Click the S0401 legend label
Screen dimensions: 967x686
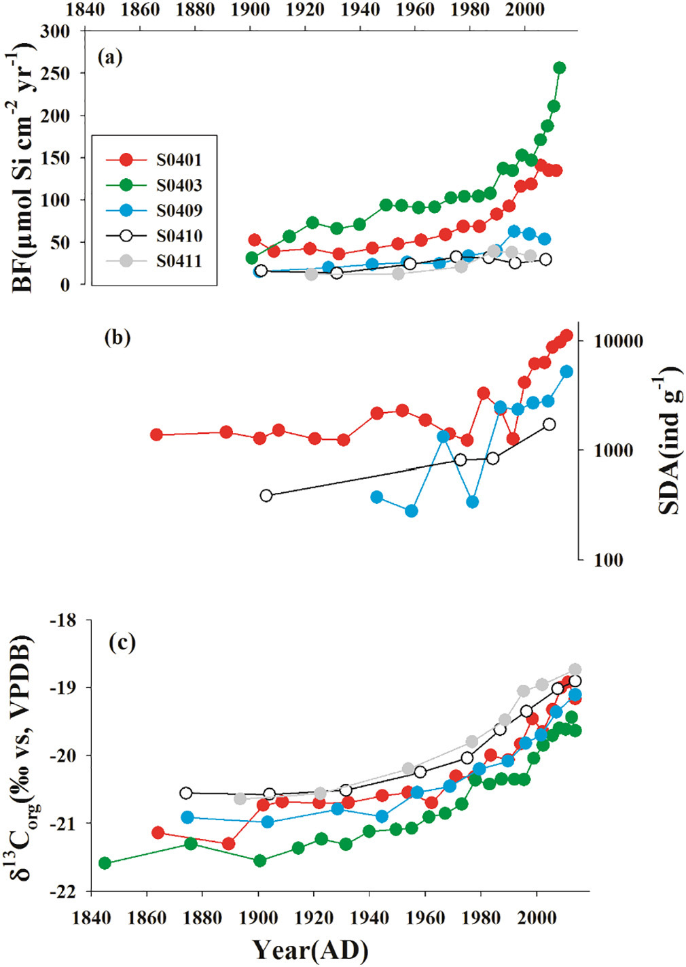click(x=179, y=160)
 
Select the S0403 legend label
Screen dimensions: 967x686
click(x=179, y=185)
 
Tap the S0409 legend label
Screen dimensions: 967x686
click(x=179, y=211)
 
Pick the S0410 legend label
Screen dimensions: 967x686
click(x=179, y=236)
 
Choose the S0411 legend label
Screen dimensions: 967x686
click(x=179, y=261)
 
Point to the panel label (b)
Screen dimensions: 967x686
click(x=118, y=338)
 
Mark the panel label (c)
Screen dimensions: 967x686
click(x=122, y=643)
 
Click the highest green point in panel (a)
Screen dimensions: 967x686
click(x=560, y=68)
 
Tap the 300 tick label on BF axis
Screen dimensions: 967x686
click(x=55, y=31)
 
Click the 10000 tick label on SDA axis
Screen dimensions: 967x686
click(x=617, y=341)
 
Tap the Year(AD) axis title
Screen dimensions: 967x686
click(x=310, y=949)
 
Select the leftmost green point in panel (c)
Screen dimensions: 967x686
click(x=105, y=863)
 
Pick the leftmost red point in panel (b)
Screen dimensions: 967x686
click(x=156, y=435)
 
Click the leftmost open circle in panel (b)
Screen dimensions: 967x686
click(x=266, y=496)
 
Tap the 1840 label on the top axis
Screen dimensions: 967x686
click(x=86, y=10)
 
